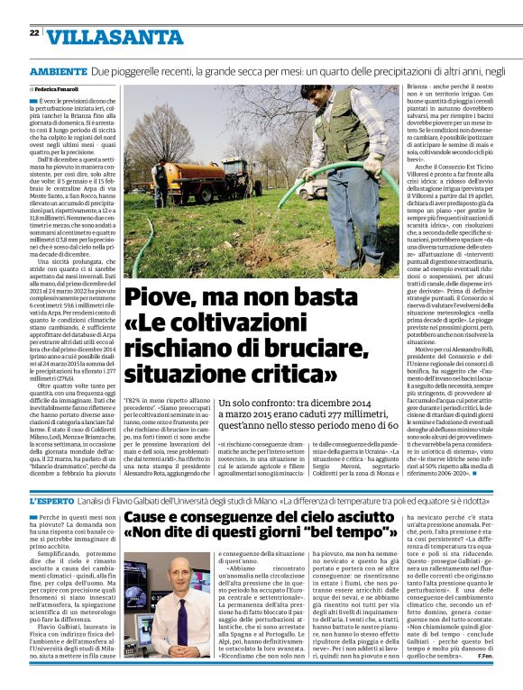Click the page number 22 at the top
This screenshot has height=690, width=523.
click(34, 33)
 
